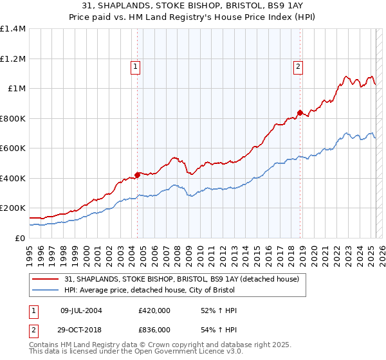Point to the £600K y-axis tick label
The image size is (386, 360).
[x=13, y=148]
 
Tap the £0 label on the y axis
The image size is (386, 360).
[x=21, y=238]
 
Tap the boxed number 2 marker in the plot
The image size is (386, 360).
[x=299, y=66]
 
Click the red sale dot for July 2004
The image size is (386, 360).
[x=138, y=174]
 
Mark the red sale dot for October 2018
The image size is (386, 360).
[x=300, y=113]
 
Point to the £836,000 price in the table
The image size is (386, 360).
[x=154, y=329]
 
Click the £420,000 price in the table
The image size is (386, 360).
[x=154, y=310]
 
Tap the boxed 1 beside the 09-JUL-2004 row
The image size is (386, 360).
[x=33, y=310]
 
